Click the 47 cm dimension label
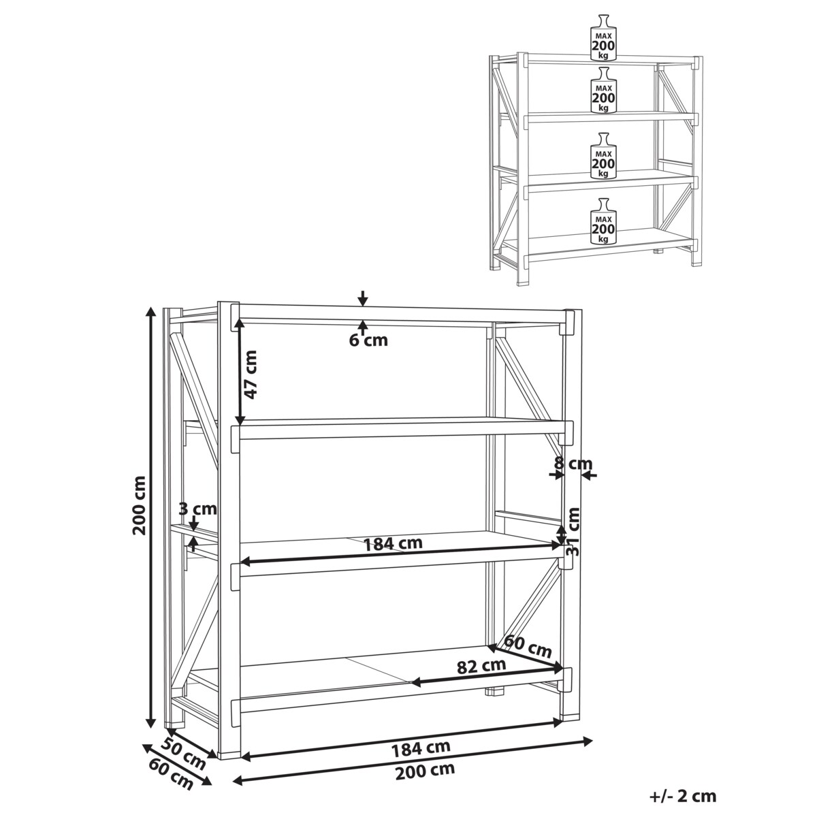pyautogui.click(x=251, y=374)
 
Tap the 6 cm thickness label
pyautogui.click(x=368, y=340)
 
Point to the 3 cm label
pyautogui.click(x=197, y=509)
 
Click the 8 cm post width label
pyautogui.click(x=573, y=464)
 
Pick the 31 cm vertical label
pyautogui.click(x=573, y=532)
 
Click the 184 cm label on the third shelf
pyautogui.click(x=394, y=544)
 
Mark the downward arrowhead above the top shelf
pyautogui.click(x=363, y=300)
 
